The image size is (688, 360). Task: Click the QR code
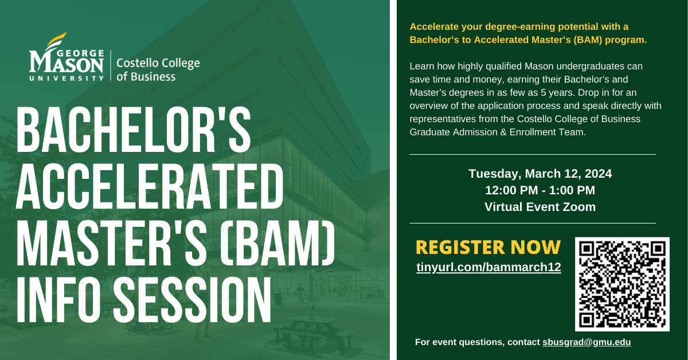[622, 284]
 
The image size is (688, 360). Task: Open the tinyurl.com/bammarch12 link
[488, 267]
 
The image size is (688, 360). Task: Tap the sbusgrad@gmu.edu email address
[587, 342]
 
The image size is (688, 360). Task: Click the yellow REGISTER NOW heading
[488, 247]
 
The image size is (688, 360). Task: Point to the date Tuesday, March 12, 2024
[540, 174]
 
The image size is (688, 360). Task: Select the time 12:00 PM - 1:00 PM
[540, 190]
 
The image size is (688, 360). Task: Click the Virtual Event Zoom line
[540, 207]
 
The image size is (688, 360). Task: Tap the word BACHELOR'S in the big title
[134, 130]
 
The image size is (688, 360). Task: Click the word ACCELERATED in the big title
[150, 186]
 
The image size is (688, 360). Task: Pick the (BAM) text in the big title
[277, 242]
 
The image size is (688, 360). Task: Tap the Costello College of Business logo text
[158, 69]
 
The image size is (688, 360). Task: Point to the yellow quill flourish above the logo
[56, 40]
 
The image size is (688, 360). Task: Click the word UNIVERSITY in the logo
[67, 79]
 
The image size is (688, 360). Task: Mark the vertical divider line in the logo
[111, 65]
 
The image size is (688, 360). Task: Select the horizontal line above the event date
[533, 155]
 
